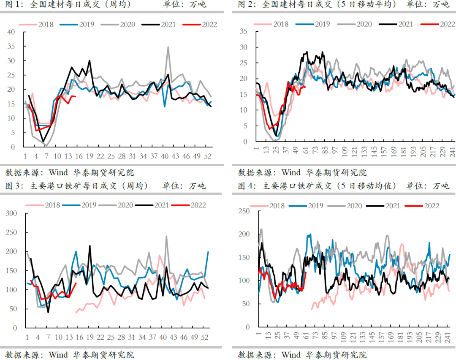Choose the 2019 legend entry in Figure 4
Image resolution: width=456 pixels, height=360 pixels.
click(314, 206)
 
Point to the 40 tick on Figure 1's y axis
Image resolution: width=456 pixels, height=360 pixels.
click(11, 32)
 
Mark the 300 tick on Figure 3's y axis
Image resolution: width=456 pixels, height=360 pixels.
click(11, 213)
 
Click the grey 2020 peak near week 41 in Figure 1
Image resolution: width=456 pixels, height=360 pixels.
click(168, 47)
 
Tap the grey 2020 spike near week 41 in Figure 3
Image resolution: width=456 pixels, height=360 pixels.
click(166, 236)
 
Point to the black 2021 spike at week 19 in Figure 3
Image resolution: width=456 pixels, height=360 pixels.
click(90, 245)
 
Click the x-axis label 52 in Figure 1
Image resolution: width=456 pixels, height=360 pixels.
click(208, 156)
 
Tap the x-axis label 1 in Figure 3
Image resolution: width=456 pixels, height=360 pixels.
click(27, 337)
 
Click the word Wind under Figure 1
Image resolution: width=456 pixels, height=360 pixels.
click(58, 172)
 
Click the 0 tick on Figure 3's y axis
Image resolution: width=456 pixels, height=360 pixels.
click(14, 328)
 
